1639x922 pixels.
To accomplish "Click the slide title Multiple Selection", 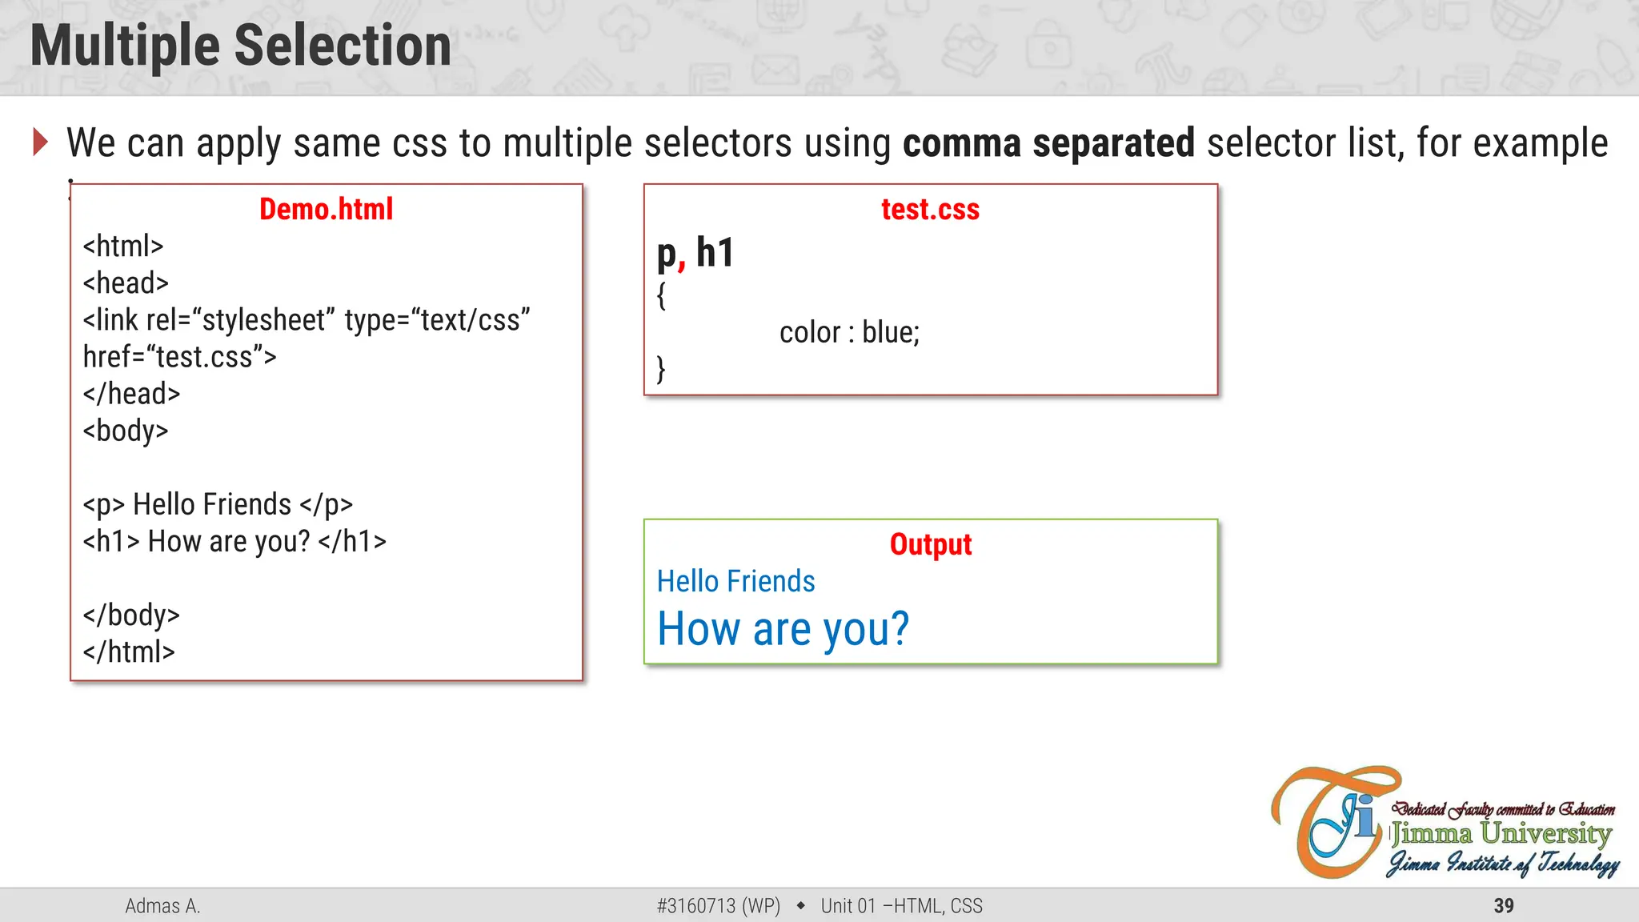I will click(x=240, y=46).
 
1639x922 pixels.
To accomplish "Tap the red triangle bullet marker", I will click(x=41, y=142).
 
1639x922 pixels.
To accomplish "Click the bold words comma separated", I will click(x=1048, y=143).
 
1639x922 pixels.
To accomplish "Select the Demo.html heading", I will click(x=326, y=210).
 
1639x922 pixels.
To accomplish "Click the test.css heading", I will click(x=930, y=210).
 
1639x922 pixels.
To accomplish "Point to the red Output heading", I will click(x=930, y=545).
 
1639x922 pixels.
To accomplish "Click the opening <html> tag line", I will click(x=123, y=247).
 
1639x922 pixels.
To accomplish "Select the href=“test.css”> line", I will click(x=179, y=357).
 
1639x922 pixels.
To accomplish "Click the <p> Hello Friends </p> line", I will click(x=218, y=505).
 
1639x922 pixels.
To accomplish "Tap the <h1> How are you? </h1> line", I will click(x=234, y=542).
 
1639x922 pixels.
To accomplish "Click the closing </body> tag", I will click(x=131, y=615).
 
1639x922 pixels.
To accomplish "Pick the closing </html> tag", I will click(x=129, y=652).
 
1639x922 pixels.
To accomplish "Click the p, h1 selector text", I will click(x=695, y=254).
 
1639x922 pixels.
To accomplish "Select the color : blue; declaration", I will click(x=849, y=332).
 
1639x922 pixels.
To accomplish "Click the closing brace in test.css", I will click(x=661, y=369).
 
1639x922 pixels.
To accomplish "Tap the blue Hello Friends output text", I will click(x=735, y=582).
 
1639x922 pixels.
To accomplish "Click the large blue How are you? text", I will click(x=783, y=629).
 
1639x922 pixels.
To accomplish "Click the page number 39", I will click(x=1503, y=906).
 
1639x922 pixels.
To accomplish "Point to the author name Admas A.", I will click(x=162, y=906).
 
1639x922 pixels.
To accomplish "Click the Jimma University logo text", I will click(x=1501, y=834).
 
